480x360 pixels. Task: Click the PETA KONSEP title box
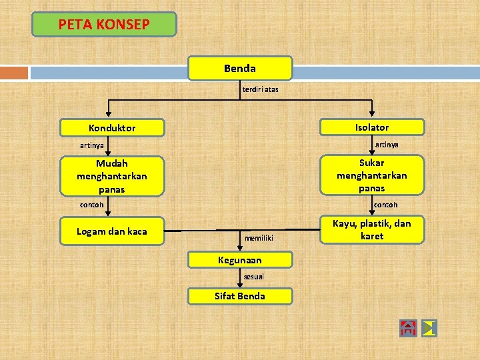coord(104,25)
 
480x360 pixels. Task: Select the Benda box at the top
coord(240,68)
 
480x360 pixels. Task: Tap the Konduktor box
coord(112,127)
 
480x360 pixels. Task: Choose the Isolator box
coord(372,127)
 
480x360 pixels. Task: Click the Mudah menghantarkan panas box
coord(112,176)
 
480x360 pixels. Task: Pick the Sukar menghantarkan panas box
coord(372,175)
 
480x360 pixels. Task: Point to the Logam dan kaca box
coord(112,232)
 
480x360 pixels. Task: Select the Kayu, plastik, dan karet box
coord(372,230)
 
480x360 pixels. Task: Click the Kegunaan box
coord(240,260)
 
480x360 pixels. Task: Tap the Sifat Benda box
coord(240,296)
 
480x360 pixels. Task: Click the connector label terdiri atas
coord(261,89)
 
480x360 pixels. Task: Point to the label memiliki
coord(259,237)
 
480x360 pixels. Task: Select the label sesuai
coord(254,276)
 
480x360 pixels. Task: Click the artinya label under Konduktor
coord(92,145)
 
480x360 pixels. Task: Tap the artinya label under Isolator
coord(387,145)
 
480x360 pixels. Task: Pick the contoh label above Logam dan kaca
coord(92,205)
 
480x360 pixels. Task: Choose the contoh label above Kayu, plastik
coord(385,205)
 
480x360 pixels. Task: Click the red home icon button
coord(408,328)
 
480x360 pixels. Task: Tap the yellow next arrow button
coord(429,328)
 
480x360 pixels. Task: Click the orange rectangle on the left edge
coord(14,72)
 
